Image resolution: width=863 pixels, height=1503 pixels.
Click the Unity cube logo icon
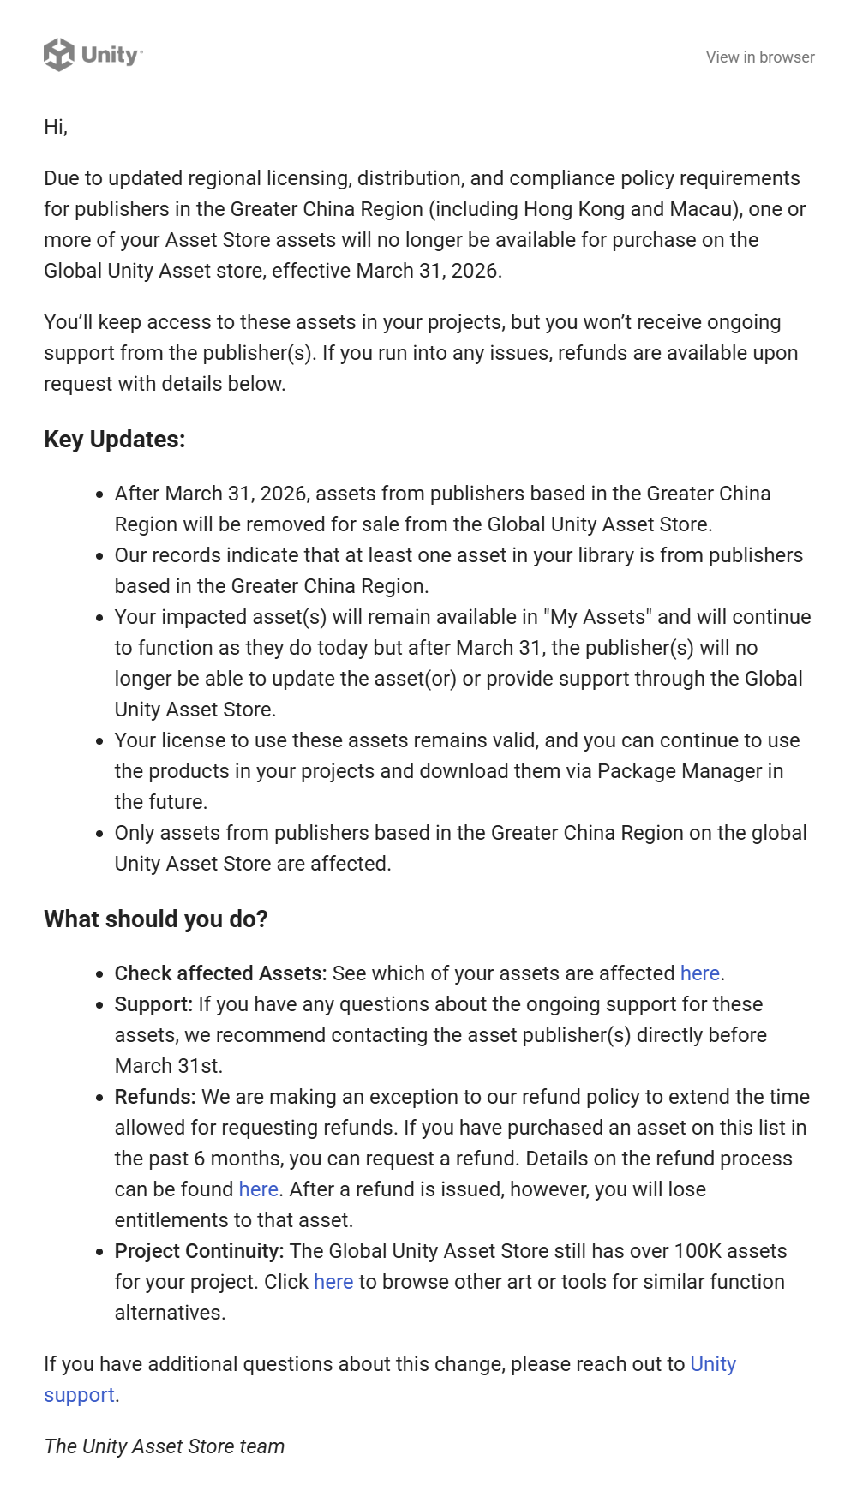tap(59, 55)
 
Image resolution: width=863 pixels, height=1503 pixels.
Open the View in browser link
tap(760, 57)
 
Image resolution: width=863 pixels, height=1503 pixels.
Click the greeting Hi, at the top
tap(56, 127)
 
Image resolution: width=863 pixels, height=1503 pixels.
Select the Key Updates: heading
tap(115, 440)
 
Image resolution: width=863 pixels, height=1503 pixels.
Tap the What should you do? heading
tap(156, 919)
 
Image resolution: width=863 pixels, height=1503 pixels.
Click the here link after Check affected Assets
tap(699, 973)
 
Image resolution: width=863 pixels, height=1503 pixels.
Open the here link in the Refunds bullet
tap(258, 1189)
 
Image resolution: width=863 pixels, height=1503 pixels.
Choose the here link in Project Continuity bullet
tap(333, 1282)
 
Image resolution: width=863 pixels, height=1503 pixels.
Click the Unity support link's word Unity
tap(713, 1364)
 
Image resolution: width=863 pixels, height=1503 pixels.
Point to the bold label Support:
tap(153, 1004)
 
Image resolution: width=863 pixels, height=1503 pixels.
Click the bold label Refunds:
tap(155, 1097)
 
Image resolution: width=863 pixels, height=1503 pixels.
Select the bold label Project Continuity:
tap(199, 1251)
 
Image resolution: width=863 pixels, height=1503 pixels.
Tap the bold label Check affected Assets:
tap(220, 973)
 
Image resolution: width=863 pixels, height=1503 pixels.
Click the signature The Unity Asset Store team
tap(164, 1446)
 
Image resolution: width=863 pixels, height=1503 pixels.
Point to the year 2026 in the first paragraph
tap(475, 271)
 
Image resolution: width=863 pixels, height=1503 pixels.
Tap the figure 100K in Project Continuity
tap(698, 1251)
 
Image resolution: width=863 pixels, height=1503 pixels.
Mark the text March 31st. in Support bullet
tap(169, 1066)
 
